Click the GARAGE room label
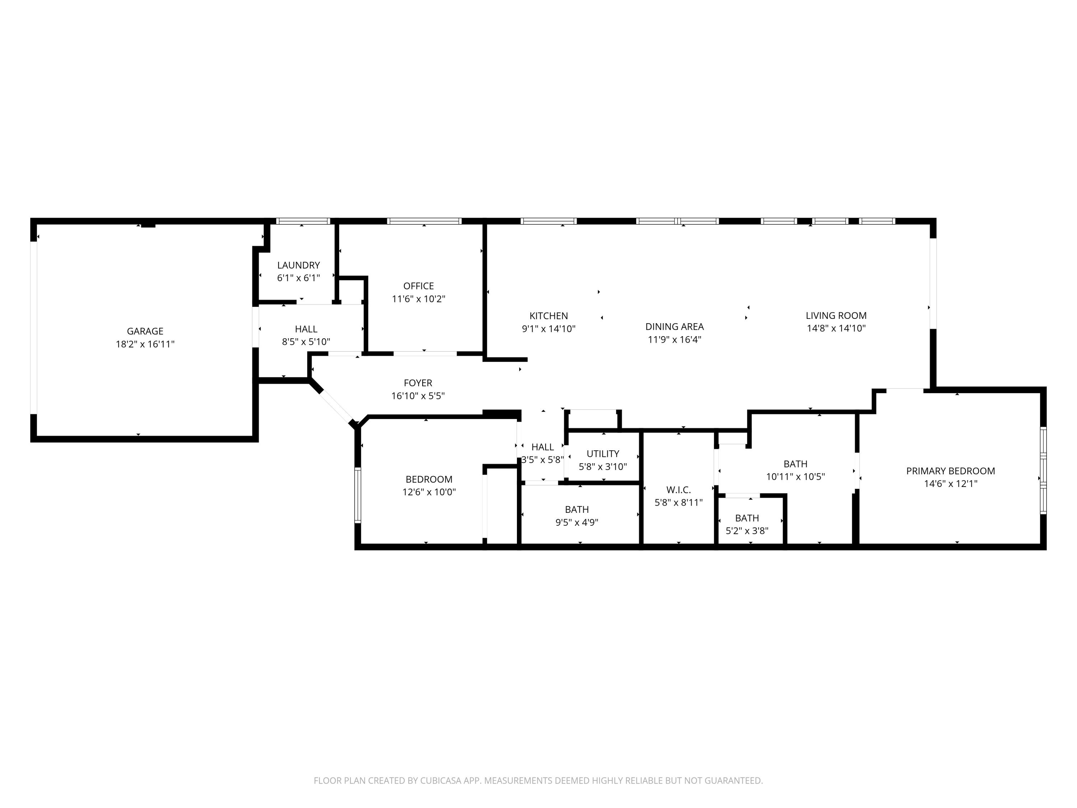coord(145,331)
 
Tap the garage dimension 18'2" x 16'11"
coord(145,344)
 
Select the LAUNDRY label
coord(298,265)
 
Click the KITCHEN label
coord(548,316)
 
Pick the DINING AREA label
coord(674,327)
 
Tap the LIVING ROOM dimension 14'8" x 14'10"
coord(836,328)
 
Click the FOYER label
coord(418,383)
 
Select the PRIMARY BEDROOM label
coord(950,471)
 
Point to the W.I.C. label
coord(678,490)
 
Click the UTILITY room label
coord(602,454)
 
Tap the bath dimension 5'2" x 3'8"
coord(747,531)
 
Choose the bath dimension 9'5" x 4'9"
coord(577,523)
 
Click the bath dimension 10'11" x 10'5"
coord(795,477)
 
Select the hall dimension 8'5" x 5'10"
coord(306,342)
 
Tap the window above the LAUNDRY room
coord(303,221)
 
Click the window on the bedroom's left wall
coord(358,495)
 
